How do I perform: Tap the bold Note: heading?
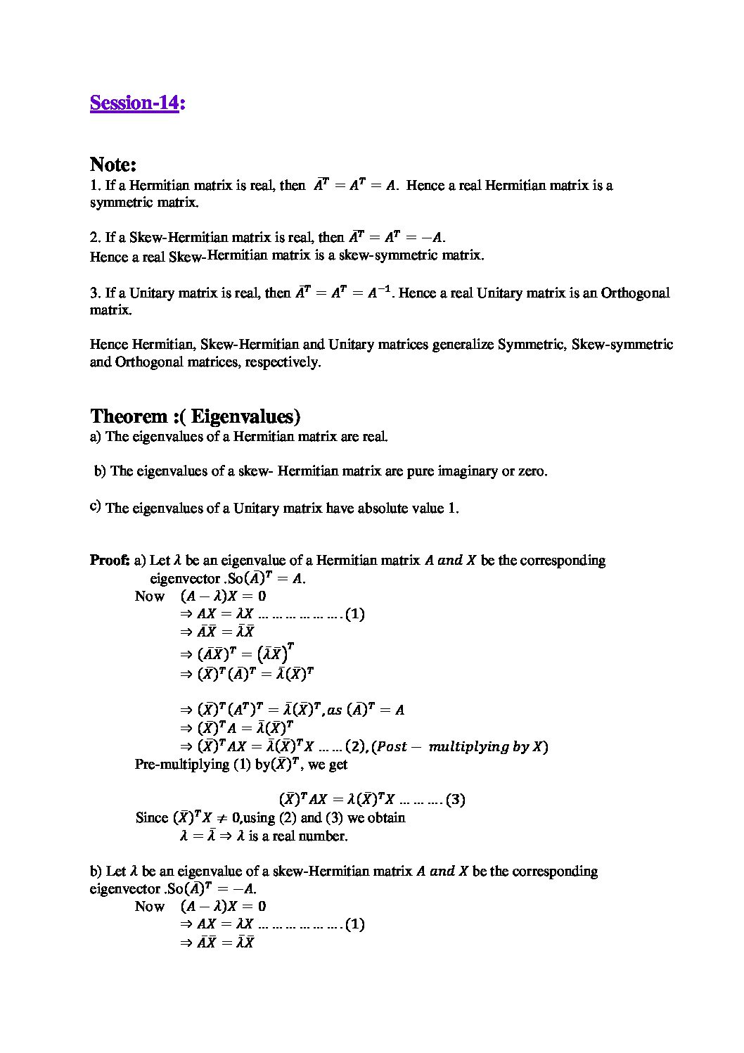tap(113, 165)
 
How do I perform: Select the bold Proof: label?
tap(109, 561)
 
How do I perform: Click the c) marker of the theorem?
tap(95, 506)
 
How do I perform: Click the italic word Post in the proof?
tap(392, 747)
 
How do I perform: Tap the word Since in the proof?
tap(152, 818)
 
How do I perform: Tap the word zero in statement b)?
tap(532, 471)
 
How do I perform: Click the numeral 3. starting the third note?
tap(95, 293)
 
